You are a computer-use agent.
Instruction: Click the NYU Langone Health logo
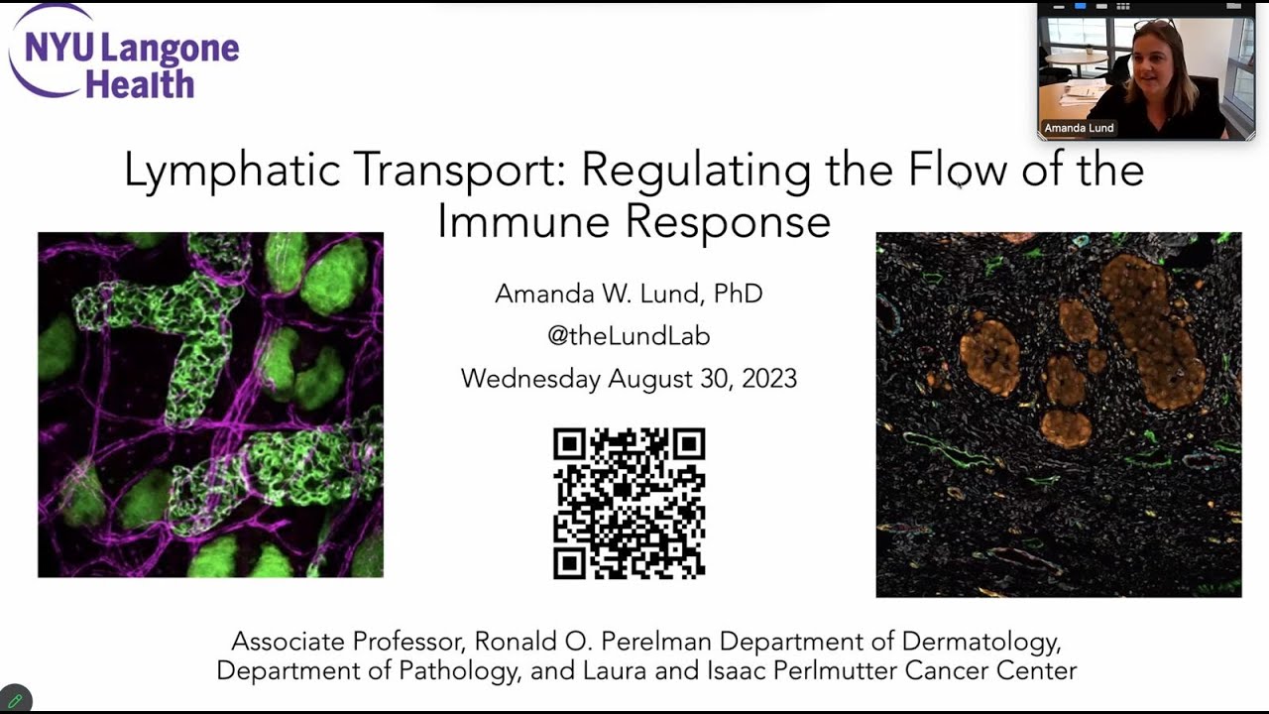[124, 55]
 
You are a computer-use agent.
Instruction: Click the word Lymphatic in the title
[232, 171]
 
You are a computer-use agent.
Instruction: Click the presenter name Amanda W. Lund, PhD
[629, 294]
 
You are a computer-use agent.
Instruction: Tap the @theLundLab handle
[629, 336]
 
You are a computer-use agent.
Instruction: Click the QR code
[629, 503]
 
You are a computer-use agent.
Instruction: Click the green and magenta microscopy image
[210, 405]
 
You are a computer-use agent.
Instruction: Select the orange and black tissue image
[1058, 415]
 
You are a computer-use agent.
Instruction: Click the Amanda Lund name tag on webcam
[1079, 128]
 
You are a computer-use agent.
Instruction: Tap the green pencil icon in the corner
[15, 700]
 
